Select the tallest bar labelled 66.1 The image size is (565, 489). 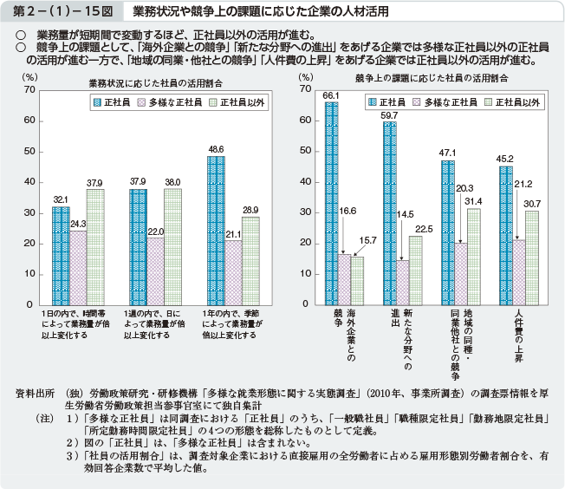coord(331,203)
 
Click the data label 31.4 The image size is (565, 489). coord(473,201)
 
